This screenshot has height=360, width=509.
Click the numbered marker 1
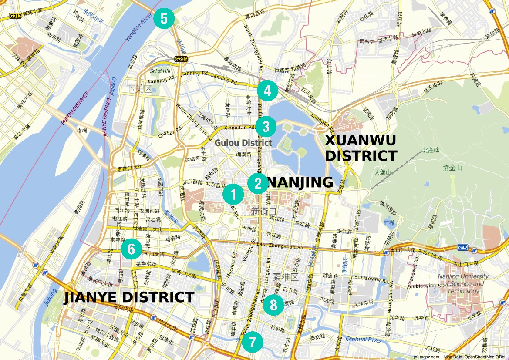coord(233,194)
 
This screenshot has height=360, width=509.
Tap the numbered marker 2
coord(258,183)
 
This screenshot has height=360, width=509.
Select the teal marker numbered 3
coord(266,127)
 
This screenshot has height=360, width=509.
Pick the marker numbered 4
coord(267,91)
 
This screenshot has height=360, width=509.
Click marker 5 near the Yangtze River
coord(164,19)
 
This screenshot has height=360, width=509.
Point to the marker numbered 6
coord(131,249)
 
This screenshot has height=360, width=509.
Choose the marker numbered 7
coord(253,342)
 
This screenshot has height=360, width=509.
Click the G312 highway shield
coord(15,16)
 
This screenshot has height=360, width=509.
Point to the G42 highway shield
coord(463,248)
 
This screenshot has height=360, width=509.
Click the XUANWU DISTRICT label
coord(361,148)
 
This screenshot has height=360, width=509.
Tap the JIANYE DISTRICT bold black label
coord(129,297)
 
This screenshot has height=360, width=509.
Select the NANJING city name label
coord(299,182)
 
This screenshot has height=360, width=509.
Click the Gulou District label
coord(243,142)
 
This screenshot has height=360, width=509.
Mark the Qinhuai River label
coord(364,340)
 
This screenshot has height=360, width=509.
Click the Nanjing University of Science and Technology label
coord(463,283)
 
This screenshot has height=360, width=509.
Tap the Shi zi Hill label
coord(160,71)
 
